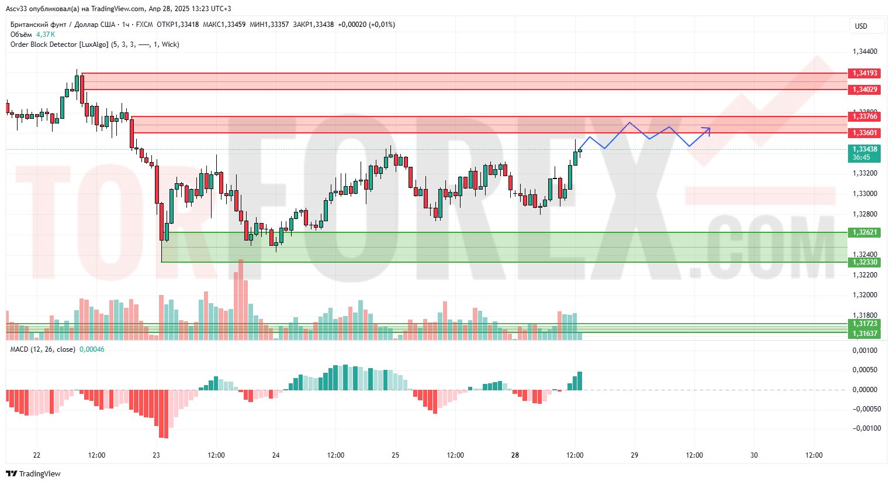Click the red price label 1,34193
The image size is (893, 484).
click(x=864, y=73)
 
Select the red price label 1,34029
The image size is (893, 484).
click(x=864, y=90)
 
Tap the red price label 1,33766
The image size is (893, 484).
click(x=864, y=116)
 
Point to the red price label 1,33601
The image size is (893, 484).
click(x=864, y=133)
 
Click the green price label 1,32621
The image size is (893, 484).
click(x=864, y=232)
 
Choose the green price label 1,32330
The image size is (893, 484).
click(x=864, y=262)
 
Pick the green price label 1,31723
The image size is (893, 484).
click(x=864, y=324)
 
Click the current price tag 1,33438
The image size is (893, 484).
click(x=864, y=150)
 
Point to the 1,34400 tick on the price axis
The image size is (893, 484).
click(x=864, y=52)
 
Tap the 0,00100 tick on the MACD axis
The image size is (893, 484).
click(x=864, y=351)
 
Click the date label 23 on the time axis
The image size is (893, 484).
click(x=156, y=455)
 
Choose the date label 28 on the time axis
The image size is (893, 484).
click(x=515, y=455)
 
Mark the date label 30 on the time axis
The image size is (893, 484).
click(x=754, y=455)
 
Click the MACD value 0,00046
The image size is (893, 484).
click(x=92, y=349)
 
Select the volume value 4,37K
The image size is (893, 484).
click(x=46, y=35)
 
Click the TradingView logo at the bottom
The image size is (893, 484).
click(x=34, y=473)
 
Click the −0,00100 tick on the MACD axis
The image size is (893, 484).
click(x=864, y=428)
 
